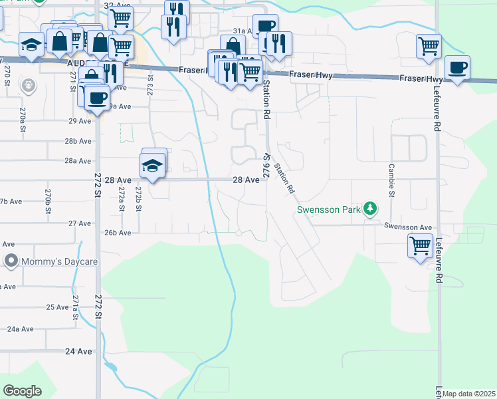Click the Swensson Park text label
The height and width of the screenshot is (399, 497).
tap(328, 210)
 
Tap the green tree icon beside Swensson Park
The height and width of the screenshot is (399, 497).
tap(371, 209)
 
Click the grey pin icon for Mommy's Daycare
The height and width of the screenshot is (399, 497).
tap(11, 261)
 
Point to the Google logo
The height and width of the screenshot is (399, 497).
tap(22, 390)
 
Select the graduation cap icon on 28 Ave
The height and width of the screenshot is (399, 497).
tap(152, 166)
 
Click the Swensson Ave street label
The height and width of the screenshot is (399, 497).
tap(408, 226)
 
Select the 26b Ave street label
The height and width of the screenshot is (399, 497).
tap(117, 233)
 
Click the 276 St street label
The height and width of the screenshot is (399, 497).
tap(265, 166)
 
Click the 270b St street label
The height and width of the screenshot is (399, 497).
tap(49, 199)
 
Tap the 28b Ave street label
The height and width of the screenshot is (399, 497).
tap(78, 142)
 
